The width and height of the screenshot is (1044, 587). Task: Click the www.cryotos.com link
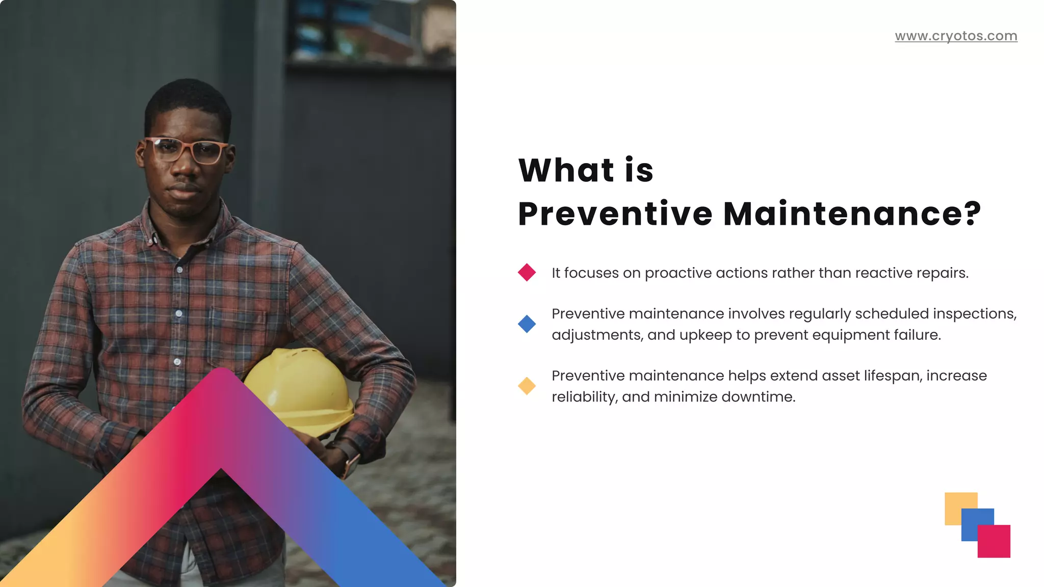pyautogui.click(x=956, y=36)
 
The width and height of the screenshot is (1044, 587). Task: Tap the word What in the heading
pyautogui.click(x=566, y=170)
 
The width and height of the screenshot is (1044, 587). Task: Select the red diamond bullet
pyautogui.click(x=527, y=273)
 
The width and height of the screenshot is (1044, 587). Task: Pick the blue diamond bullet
pyautogui.click(x=527, y=324)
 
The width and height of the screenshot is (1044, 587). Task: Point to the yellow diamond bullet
pyautogui.click(x=527, y=386)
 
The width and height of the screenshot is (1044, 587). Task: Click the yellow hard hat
pyautogui.click(x=301, y=387)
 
